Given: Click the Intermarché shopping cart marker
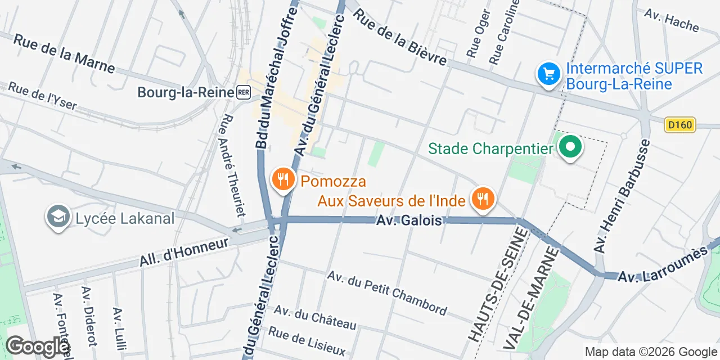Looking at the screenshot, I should (548, 74).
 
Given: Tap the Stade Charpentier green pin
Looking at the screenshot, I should (570, 148).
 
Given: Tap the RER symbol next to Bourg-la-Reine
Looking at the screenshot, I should (244, 93).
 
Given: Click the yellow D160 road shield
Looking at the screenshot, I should (679, 125).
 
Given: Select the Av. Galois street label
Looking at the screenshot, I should (409, 220).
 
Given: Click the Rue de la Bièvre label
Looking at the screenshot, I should (400, 38).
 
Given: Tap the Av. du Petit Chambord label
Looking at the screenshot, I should (388, 293).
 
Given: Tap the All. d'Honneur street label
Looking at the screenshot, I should (184, 252).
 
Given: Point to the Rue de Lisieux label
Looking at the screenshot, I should (307, 341).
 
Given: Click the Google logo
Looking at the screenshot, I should (37, 346).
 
